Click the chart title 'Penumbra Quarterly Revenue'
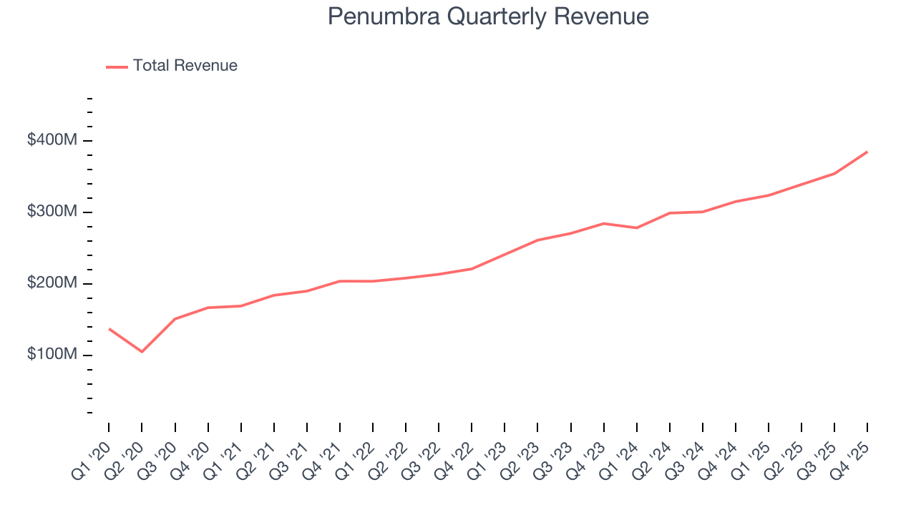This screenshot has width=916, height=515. click(488, 16)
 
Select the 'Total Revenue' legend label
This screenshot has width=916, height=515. click(185, 66)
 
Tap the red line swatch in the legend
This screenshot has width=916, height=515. click(117, 67)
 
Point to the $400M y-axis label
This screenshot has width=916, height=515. click(52, 140)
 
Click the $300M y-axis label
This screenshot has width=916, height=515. click(52, 212)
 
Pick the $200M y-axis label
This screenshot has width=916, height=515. click(52, 283)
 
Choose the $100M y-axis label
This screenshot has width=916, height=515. click(52, 355)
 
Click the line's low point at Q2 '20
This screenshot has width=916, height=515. click(142, 351)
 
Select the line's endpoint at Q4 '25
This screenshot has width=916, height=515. click(867, 152)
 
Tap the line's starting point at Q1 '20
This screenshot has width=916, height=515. click(109, 328)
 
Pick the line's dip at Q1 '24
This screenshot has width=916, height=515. click(636, 227)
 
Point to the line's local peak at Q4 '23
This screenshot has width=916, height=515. click(603, 223)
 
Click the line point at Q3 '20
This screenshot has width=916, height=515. click(175, 319)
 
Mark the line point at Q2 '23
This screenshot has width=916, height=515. click(537, 240)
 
